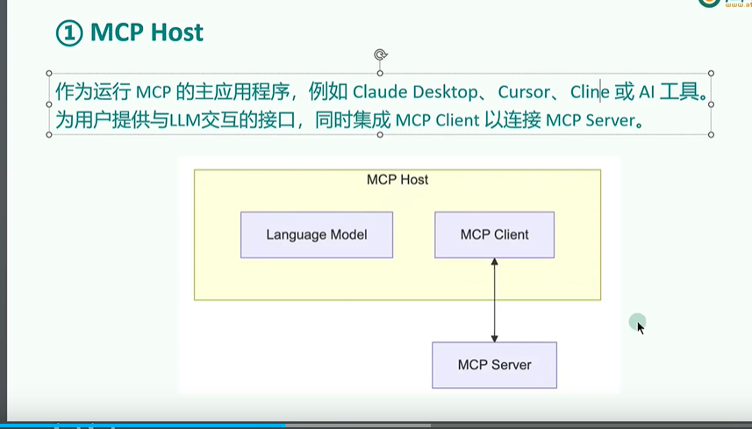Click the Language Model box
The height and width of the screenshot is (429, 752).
tap(316, 235)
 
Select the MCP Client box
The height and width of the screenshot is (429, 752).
tap(494, 235)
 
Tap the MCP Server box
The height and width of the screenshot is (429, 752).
tap(494, 365)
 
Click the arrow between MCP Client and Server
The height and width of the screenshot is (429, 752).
tap(495, 300)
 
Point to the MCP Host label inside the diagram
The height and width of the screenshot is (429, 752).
tap(397, 180)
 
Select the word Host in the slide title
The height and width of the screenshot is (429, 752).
tap(176, 33)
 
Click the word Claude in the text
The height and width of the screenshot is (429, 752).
tap(378, 91)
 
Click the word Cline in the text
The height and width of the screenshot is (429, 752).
tap(590, 91)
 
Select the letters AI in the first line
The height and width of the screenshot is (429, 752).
tap(645, 91)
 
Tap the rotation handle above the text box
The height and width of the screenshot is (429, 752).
tap(380, 54)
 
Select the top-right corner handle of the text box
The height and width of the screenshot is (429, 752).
tap(711, 74)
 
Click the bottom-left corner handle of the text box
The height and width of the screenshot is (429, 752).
tap(49, 135)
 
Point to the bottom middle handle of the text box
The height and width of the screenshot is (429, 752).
tap(380, 135)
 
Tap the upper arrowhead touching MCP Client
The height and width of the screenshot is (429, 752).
tap(495, 262)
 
